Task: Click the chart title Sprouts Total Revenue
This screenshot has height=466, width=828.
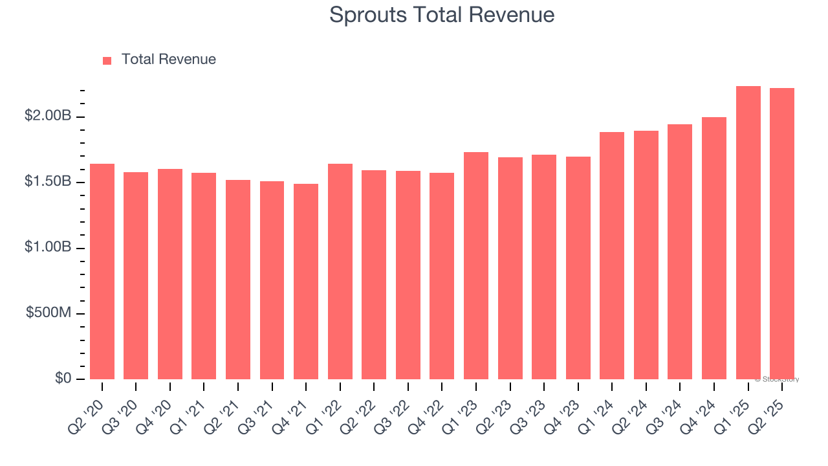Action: pos(442,14)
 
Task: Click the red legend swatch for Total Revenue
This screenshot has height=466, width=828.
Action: pos(107,60)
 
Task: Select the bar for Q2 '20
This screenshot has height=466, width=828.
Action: pos(102,272)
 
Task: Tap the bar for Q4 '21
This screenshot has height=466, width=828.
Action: pos(306,282)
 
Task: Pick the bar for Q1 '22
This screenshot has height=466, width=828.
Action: pos(340,272)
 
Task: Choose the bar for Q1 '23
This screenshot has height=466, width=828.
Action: pos(476,265)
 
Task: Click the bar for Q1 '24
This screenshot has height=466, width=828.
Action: pos(612,256)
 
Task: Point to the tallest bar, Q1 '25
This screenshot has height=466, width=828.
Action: pos(748,233)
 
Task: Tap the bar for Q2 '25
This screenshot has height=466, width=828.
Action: pos(782,234)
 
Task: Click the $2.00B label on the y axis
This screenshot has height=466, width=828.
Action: pos(48,116)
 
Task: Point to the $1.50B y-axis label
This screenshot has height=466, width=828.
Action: pos(48,182)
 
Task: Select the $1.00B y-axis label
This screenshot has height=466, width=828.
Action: pos(48,247)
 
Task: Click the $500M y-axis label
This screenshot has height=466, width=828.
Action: pos(49,313)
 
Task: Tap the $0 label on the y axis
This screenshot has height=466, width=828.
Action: pos(63,378)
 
